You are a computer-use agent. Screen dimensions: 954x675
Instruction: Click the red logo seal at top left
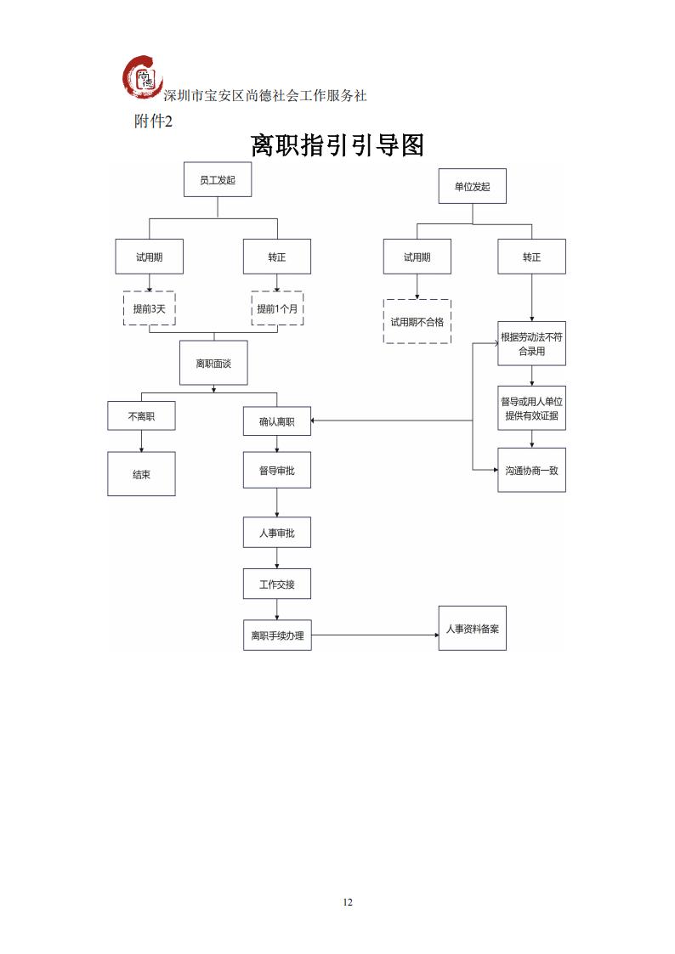click(142, 78)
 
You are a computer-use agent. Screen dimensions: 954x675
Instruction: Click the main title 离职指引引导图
click(337, 145)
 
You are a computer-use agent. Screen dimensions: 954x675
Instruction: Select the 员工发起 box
click(217, 180)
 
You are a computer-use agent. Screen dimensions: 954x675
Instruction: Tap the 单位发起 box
click(472, 186)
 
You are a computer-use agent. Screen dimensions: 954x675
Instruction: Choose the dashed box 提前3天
click(149, 309)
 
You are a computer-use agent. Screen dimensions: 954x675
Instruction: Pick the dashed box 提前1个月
click(277, 309)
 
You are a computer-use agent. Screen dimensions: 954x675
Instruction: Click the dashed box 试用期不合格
click(417, 321)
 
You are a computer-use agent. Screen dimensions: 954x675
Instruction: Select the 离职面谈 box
click(213, 364)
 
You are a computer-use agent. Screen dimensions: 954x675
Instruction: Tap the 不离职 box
click(141, 416)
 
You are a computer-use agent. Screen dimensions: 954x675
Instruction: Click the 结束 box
click(141, 474)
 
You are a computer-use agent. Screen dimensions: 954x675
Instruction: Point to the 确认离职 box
click(277, 421)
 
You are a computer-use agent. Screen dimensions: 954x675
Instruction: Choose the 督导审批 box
click(277, 470)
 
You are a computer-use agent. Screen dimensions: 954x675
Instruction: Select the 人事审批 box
click(277, 533)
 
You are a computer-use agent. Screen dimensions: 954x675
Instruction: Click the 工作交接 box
click(277, 584)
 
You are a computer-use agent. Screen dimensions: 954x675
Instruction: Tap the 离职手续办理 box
click(277, 635)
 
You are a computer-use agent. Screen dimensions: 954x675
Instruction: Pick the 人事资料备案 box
click(472, 629)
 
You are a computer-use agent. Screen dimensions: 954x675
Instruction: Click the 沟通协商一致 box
click(531, 469)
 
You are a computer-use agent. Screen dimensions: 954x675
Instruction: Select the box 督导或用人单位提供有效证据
click(531, 409)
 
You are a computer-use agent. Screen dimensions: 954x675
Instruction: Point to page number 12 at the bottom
click(347, 901)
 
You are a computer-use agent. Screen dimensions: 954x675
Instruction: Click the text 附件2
click(153, 121)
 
